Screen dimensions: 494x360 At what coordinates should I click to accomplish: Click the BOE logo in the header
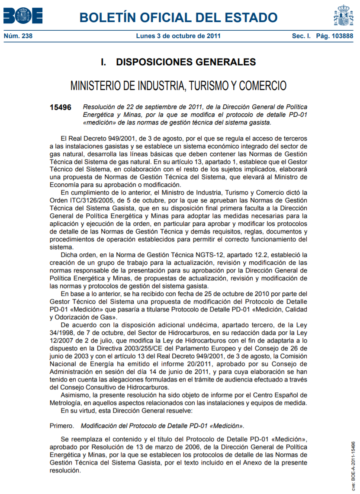(x=22, y=16)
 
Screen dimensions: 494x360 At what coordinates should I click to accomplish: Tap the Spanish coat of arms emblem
(x=343, y=16)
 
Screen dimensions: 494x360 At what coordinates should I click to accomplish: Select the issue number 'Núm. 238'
(x=18, y=36)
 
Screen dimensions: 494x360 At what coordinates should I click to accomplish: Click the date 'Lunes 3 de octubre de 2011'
(x=178, y=36)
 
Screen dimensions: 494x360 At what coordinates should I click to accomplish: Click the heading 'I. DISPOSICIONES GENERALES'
(x=178, y=62)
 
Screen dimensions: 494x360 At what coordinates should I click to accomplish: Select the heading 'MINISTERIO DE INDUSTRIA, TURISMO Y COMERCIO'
(x=178, y=85)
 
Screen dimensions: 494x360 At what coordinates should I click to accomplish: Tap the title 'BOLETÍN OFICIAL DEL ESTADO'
(x=178, y=17)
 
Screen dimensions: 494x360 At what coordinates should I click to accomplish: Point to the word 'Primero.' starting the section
(x=62, y=426)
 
